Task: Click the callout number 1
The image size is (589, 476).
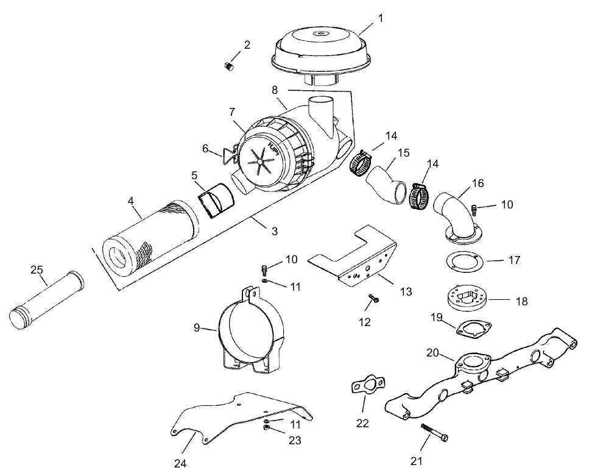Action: click(381, 18)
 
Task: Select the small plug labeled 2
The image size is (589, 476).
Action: click(230, 66)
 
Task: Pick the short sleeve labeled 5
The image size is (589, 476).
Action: click(217, 202)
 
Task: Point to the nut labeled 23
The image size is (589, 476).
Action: click(266, 428)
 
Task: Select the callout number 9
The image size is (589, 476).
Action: click(197, 327)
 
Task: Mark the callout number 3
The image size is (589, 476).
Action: click(274, 231)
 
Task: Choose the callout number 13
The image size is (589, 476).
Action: click(405, 292)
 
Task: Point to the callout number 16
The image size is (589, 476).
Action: click(478, 182)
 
